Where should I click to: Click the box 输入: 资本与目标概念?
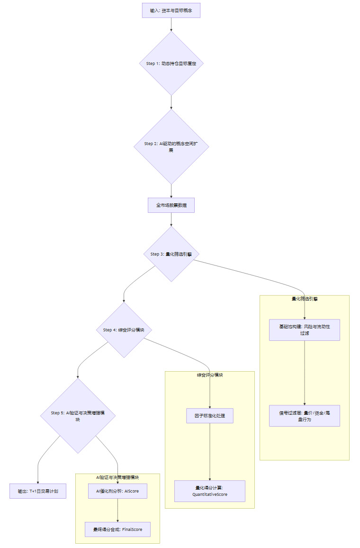coord(171,10)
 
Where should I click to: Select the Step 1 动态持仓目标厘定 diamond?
coord(171,63)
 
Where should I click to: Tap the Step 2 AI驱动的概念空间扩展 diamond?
coord(171,146)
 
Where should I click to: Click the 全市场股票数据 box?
coord(171,205)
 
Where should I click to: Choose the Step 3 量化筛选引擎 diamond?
coord(171,254)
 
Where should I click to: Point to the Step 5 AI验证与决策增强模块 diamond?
coord(78,416)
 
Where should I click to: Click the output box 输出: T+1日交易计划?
coord(38,491)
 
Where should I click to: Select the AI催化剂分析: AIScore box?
coord(117,491)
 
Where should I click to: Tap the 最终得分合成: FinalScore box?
coord(117,529)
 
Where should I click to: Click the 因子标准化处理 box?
coord(210,416)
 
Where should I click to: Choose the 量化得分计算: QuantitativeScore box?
coord(210,491)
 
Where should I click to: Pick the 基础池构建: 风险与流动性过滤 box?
coord(305,330)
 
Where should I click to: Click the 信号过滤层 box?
coord(305,416)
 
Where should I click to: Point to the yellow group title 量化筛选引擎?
coord(305,299)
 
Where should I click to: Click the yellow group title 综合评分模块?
coord(210,375)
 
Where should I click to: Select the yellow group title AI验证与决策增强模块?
coord(117,477)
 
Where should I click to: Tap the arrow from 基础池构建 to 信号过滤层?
coord(305,373)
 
